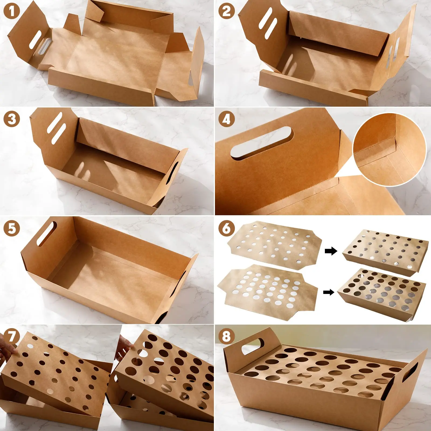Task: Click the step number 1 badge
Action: (x=11, y=11)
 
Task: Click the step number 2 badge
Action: (x=226, y=11)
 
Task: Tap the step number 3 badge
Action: (x=11, y=119)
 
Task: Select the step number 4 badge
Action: (x=226, y=119)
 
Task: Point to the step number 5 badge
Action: (x=11, y=229)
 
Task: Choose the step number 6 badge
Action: (x=226, y=229)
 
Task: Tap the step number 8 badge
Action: (x=226, y=336)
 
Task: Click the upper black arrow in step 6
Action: (x=331, y=251)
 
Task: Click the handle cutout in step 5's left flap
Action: (x=47, y=234)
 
